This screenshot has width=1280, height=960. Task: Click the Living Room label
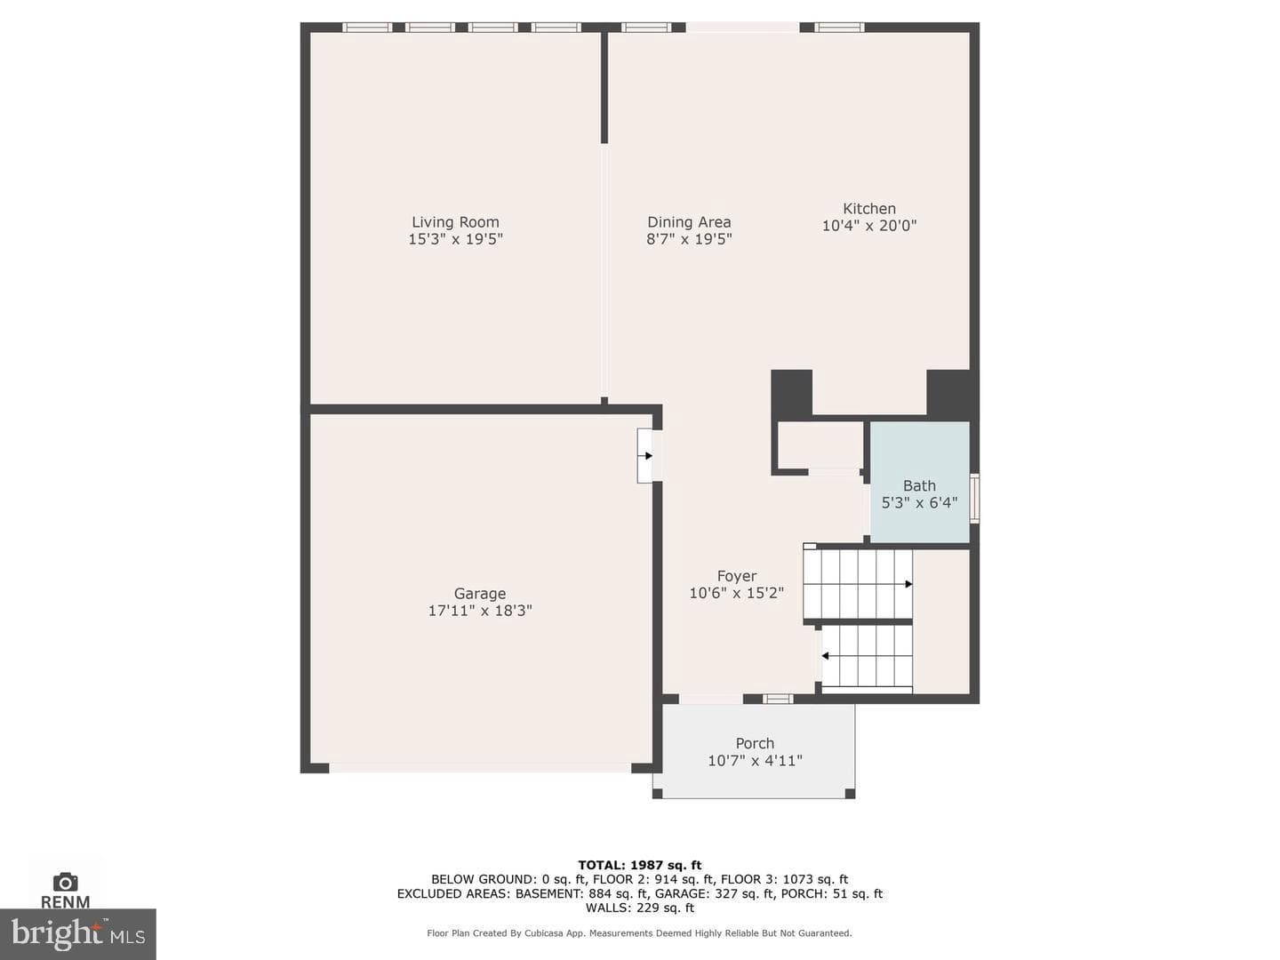(x=455, y=222)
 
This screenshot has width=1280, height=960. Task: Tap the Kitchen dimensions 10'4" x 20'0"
(x=868, y=226)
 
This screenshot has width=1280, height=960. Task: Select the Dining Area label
(x=689, y=222)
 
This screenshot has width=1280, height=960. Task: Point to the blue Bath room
(x=920, y=483)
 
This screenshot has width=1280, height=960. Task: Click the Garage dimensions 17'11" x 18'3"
(x=480, y=611)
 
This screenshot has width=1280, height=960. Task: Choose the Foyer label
(x=737, y=576)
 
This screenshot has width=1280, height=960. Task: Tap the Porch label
(x=755, y=743)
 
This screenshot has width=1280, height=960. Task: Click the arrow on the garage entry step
(x=648, y=456)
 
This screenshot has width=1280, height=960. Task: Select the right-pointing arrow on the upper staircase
(x=908, y=584)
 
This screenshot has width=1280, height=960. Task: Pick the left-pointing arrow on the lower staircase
(x=825, y=656)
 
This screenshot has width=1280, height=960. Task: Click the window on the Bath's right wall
(x=974, y=499)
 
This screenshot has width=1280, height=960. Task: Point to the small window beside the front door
(x=778, y=699)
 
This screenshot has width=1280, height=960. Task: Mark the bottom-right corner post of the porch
(x=851, y=793)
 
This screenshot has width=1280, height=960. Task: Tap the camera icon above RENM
(x=65, y=882)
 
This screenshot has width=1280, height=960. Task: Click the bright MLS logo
(x=78, y=934)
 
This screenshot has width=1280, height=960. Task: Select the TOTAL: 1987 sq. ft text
(x=640, y=865)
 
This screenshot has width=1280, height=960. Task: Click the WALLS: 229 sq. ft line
(x=640, y=908)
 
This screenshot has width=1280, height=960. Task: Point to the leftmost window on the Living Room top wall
(x=367, y=28)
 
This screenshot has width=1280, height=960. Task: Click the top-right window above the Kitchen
(x=839, y=28)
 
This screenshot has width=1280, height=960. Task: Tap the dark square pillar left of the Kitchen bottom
(x=791, y=392)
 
